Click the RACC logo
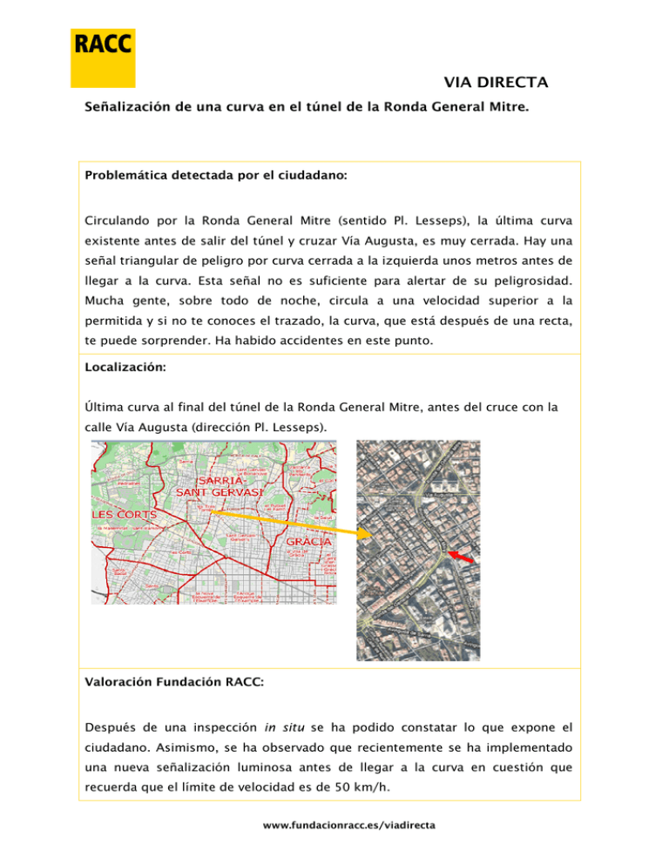(103, 58)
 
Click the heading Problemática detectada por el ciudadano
(216, 175)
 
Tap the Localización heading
(125, 369)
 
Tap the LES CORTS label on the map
(121, 515)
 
